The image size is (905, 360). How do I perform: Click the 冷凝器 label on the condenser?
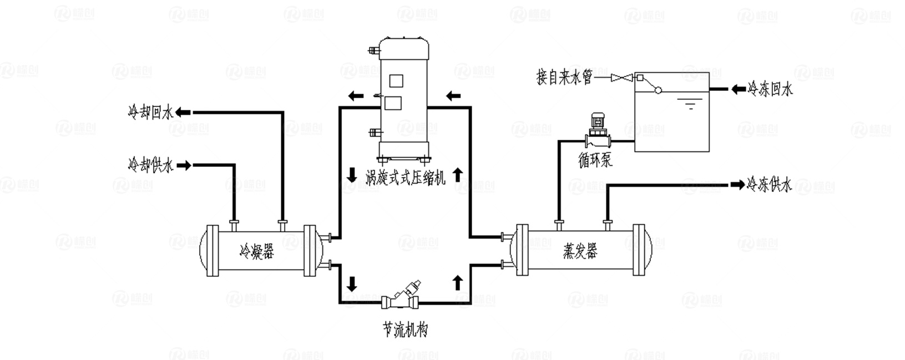(256, 251)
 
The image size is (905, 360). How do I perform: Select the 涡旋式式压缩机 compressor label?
(405, 177)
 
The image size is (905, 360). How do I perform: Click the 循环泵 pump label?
(595, 161)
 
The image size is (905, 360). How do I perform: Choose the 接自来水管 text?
(564, 77)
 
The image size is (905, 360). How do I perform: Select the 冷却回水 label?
(150, 113)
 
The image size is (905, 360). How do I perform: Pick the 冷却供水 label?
(150, 165)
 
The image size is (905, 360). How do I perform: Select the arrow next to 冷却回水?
(183, 113)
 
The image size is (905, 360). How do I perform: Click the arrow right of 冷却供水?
(184, 165)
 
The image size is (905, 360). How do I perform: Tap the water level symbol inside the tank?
(690, 104)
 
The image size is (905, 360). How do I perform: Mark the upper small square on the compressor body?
(395, 80)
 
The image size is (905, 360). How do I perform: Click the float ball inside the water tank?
(658, 90)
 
